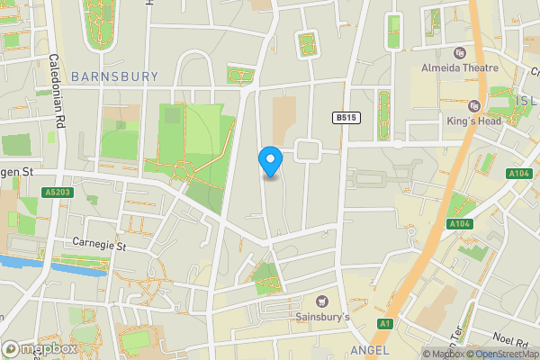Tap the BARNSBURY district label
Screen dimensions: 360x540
(113, 76)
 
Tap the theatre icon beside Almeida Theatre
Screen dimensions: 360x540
(460, 53)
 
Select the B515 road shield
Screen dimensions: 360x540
(345, 117)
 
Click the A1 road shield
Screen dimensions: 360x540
(386, 323)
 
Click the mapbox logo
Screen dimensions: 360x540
(39, 348)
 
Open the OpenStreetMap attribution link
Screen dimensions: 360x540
(502, 354)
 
